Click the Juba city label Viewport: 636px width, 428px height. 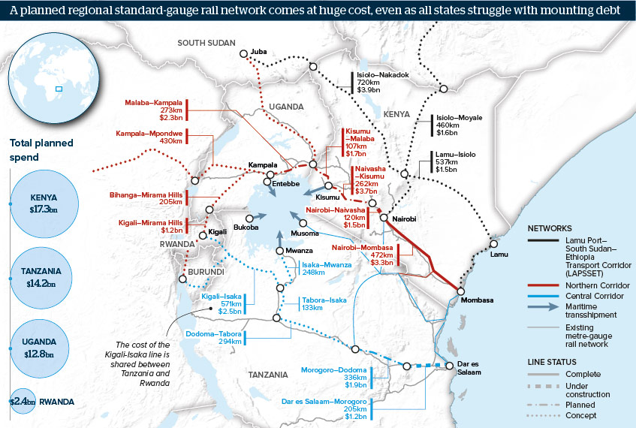261,49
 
